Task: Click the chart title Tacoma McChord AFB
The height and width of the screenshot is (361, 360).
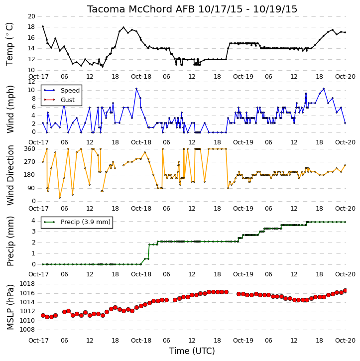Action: pos(141,9)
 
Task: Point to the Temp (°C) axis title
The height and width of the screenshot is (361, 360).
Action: pos(9,44)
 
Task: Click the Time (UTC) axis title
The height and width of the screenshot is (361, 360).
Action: pos(192,351)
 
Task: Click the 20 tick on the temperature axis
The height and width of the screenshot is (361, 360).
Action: pos(31,16)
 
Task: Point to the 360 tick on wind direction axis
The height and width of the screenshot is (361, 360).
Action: pos(30,149)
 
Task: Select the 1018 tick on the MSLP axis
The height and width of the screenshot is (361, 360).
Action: pos(27,284)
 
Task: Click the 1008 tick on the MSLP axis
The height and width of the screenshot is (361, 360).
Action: pos(27,330)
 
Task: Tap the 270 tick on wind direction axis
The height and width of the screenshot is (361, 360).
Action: pos(30,162)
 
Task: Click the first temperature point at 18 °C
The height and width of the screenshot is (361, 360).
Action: pos(43,26)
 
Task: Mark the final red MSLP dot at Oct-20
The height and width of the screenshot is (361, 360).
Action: pos(345,291)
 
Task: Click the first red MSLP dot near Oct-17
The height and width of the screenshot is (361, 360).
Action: pos(43,315)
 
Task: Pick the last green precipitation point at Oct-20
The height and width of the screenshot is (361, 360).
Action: pos(345,222)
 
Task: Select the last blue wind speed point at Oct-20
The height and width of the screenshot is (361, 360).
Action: pos(345,123)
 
